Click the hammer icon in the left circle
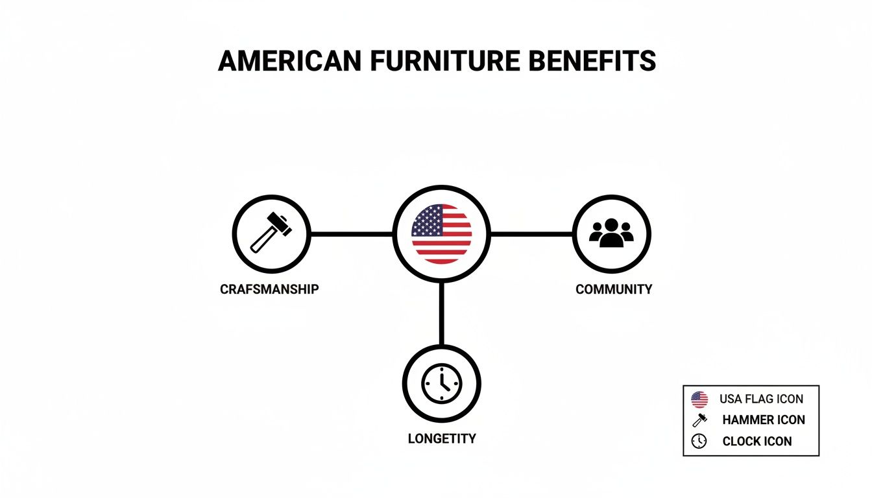pos(271,233)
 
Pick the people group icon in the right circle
pos(611,233)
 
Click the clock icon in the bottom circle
pos(441,383)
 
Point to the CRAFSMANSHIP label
pos(270,289)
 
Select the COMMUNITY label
pos(614,289)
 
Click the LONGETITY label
pos(442,438)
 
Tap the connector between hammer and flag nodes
pos(352,234)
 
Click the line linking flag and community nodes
pos(531,234)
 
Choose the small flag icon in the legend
pos(699,399)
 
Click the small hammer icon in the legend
pos(699,420)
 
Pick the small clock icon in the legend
pos(699,441)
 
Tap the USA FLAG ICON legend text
pos(761,399)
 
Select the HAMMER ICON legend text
pos(764,420)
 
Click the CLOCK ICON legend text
pos(757,442)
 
